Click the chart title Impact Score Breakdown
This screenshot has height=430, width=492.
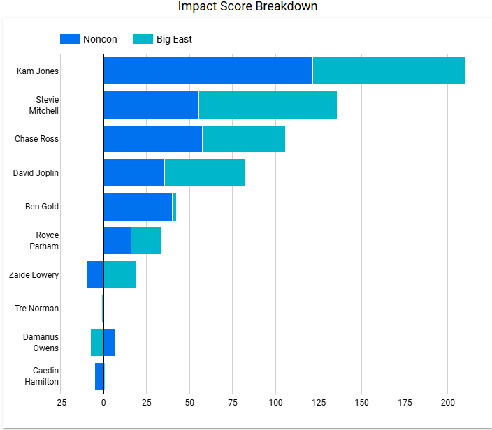(247, 7)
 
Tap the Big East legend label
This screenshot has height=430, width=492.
(174, 39)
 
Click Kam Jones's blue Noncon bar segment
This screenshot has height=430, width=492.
(208, 71)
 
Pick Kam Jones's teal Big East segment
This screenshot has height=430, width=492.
(389, 71)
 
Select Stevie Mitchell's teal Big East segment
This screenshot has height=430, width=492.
(268, 105)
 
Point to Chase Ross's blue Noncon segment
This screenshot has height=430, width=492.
(152, 139)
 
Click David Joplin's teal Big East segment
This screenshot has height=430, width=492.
(204, 172)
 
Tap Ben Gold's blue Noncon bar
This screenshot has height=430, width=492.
(138, 207)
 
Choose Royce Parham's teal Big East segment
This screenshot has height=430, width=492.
(145, 240)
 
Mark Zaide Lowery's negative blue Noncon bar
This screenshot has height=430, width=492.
(95, 274)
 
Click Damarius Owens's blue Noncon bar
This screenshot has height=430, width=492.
(109, 342)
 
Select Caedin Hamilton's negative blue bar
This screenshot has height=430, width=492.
(99, 376)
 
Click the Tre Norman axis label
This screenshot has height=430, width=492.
(36, 309)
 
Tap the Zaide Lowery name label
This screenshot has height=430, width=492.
(34, 275)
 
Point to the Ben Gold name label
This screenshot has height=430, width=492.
(42, 207)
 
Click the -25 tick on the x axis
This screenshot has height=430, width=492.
(60, 403)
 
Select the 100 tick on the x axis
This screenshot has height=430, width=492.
(275, 403)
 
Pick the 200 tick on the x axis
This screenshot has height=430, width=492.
(447, 403)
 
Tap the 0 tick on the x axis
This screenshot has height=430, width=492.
(103, 403)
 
